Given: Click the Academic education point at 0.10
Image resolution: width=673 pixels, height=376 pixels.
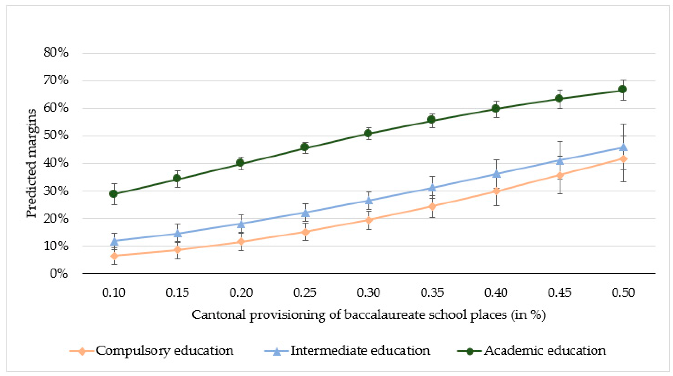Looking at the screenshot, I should coord(113,194).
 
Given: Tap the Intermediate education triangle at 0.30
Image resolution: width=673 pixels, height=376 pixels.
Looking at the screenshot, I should coord(368,200).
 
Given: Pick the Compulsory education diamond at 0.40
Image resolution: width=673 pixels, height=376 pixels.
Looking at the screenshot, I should coord(496,191).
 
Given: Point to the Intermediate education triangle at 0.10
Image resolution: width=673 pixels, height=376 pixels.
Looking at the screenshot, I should coord(114,241).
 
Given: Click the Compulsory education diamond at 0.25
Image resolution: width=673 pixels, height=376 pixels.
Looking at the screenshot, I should coord(305,232).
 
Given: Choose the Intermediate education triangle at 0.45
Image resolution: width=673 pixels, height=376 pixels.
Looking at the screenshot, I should coord(559,161).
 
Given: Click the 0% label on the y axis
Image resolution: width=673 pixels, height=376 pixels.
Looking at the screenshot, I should coord(59,274).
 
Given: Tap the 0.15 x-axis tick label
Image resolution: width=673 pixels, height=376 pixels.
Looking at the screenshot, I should coord(177,293).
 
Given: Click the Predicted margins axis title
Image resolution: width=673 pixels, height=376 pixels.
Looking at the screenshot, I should coord(31,163).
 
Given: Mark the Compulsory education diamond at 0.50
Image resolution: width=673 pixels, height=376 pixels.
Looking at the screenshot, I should coord(623,159).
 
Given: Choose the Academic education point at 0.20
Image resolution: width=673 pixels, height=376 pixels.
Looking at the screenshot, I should coord(240,163).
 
